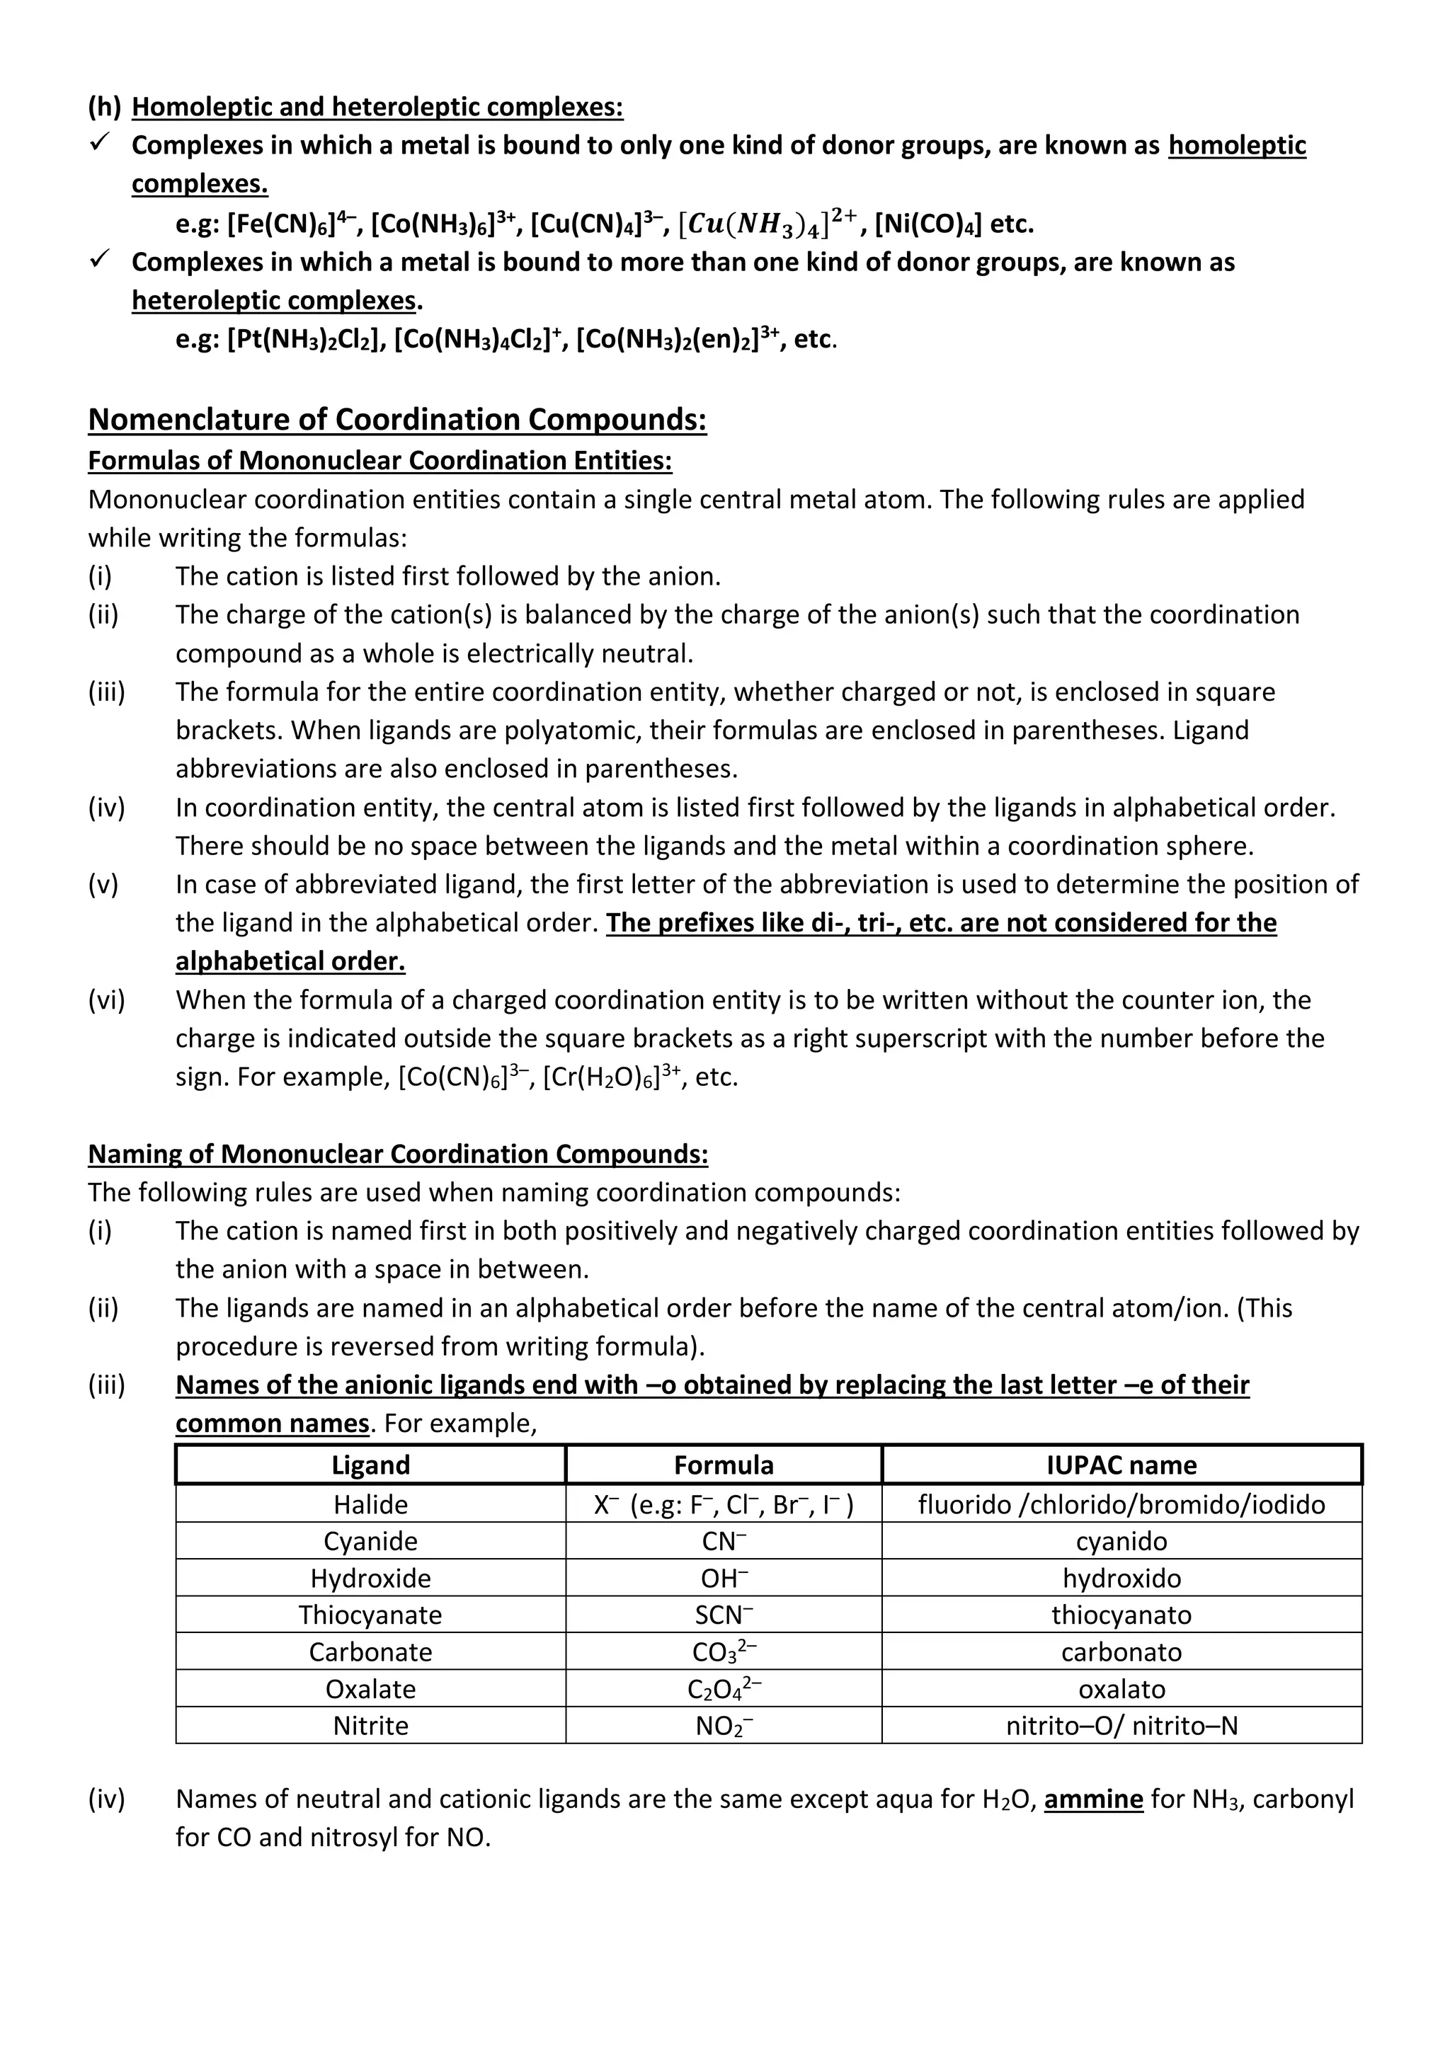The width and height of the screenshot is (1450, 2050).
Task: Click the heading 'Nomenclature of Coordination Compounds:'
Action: (x=397, y=419)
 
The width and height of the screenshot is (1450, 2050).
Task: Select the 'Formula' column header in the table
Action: (x=723, y=1465)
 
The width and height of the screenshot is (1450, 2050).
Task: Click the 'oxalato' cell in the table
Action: (x=1121, y=1688)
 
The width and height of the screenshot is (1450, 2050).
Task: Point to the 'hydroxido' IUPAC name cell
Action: (x=1121, y=1578)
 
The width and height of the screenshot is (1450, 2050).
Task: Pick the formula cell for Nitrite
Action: (x=723, y=1726)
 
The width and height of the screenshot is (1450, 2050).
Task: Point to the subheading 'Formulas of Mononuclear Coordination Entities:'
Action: (x=379, y=460)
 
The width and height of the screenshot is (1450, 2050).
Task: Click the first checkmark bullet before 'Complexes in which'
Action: (x=100, y=143)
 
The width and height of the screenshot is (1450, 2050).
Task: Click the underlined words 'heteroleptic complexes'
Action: (x=273, y=300)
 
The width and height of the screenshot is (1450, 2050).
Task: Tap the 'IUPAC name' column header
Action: (x=1121, y=1465)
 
